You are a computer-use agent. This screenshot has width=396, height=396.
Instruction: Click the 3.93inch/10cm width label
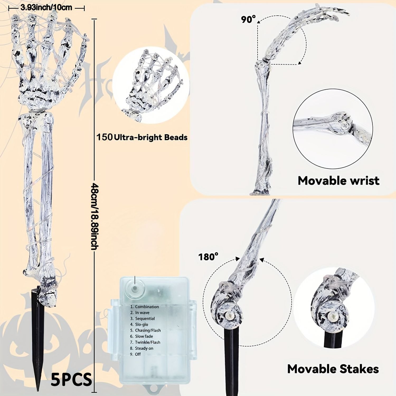tap(46, 8)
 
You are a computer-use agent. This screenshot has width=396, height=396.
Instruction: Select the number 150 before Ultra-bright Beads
tap(104, 137)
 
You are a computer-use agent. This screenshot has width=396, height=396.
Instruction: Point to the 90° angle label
tap(248, 19)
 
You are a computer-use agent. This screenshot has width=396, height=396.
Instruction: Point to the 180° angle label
tap(208, 256)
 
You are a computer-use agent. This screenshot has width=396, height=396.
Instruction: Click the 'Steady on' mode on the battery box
tap(144, 348)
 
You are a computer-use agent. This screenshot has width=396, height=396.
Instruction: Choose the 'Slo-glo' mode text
tap(142, 324)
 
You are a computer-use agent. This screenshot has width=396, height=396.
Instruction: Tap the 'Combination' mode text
tap(147, 307)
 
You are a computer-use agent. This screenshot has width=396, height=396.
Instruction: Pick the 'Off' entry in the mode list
tap(138, 354)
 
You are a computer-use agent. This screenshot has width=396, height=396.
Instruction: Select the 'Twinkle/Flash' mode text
tap(148, 342)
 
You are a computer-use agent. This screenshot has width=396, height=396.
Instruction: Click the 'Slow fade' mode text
tap(144, 336)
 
